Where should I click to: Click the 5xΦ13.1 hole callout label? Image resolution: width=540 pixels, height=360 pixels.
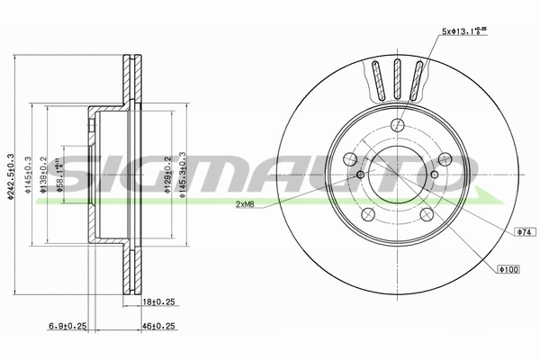point(463,32)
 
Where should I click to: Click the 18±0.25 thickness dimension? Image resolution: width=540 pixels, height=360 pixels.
point(158,305)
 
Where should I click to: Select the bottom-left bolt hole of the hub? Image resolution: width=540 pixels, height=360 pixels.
point(367,215)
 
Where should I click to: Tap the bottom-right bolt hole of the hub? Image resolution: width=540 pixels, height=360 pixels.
point(427,215)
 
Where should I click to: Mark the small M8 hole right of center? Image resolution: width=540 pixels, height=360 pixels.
point(434,175)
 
